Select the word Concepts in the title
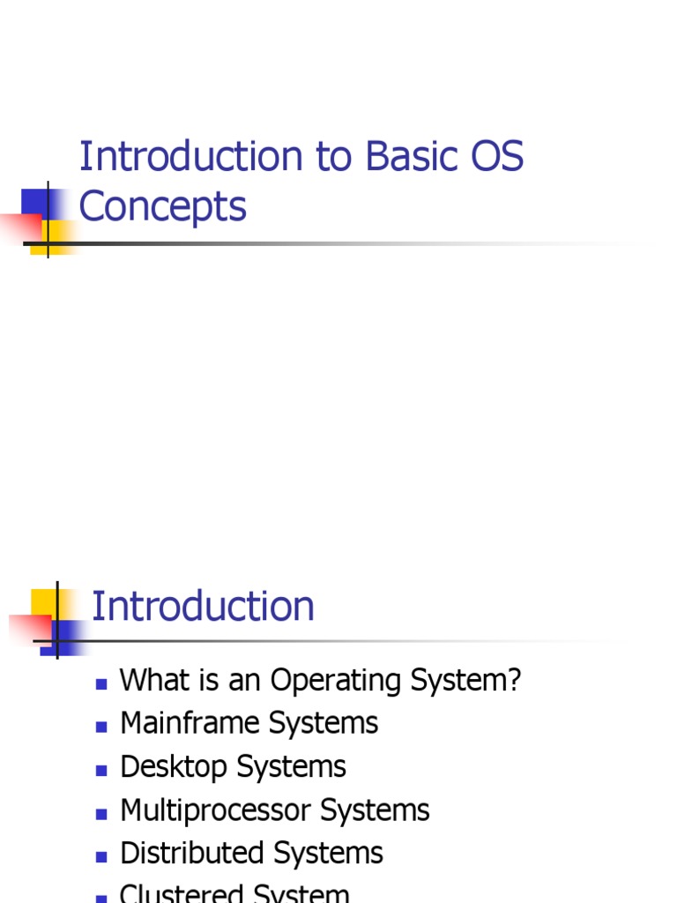(162, 207)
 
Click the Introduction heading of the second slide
(203, 607)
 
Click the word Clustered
(182, 893)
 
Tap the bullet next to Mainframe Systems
(101, 726)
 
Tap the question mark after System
(514, 681)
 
